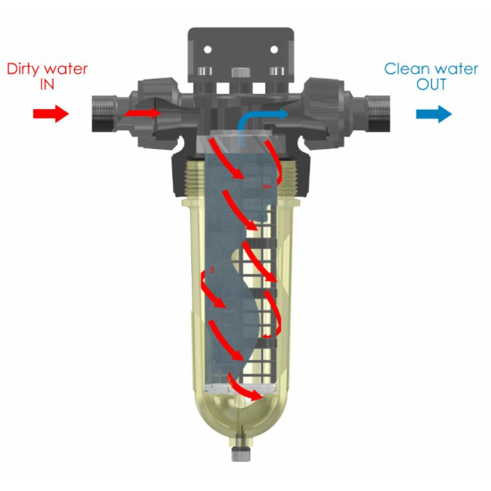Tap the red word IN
click(47, 85)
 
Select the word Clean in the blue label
click(404, 69)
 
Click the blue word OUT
click(431, 85)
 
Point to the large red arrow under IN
click(51, 113)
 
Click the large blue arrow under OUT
click(434, 114)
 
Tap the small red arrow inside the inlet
click(143, 112)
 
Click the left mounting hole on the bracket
click(208, 49)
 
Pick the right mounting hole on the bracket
click(274, 49)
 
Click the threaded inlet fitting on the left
click(104, 114)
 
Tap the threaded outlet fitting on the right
click(379, 114)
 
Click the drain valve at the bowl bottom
click(241, 451)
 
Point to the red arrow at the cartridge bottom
click(245, 387)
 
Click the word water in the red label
click(66, 70)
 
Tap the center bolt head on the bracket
click(241, 72)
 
